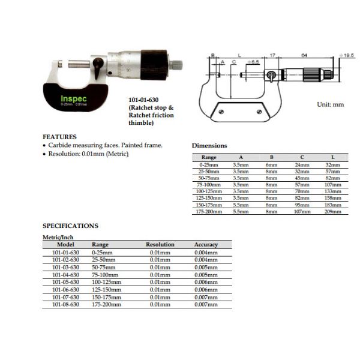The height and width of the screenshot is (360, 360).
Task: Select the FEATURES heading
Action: coord(59,136)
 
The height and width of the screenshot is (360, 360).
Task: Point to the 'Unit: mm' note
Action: coord(330,104)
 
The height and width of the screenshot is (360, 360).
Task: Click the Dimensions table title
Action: coord(209,145)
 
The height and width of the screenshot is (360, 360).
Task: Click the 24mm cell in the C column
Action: coord(301,164)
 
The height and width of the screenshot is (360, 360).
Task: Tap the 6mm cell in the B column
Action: coord(271,164)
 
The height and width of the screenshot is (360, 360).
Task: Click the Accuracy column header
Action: coord(206,245)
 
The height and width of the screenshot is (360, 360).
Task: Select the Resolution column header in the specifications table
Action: coord(160,245)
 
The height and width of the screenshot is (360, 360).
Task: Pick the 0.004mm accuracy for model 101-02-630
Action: coord(206,260)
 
